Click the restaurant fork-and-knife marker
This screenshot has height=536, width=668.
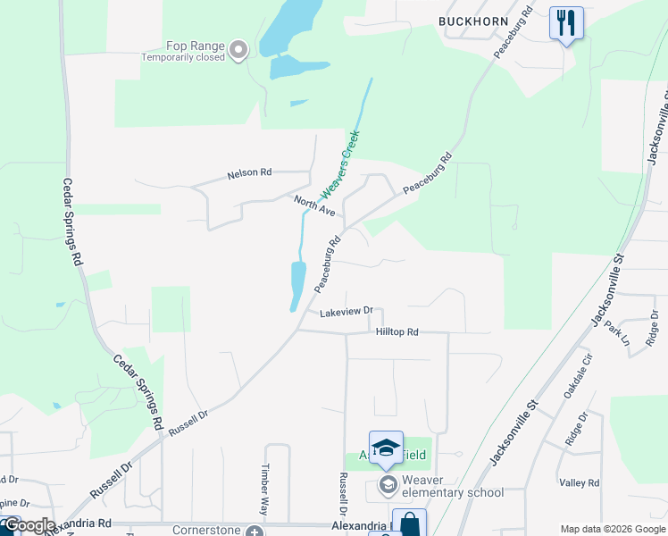click(566, 22)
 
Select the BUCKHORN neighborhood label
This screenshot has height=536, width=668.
click(473, 21)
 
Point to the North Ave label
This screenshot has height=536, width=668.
click(314, 205)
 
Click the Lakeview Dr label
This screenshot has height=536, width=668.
click(345, 312)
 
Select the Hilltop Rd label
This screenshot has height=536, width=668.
click(397, 331)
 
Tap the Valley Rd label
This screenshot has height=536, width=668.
click(580, 483)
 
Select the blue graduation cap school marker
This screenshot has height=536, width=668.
click(386, 448)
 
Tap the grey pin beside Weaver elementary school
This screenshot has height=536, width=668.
click(388, 486)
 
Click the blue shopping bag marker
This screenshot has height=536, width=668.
click(409, 523)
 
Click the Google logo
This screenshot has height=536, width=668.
click(29, 525)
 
